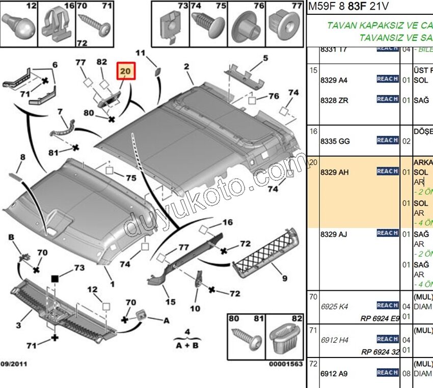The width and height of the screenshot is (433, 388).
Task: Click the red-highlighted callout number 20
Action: pyautogui.click(x=126, y=72)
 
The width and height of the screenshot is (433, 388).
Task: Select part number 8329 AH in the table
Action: pyautogui.click(x=334, y=173)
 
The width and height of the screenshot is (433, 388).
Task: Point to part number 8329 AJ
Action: pyautogui.click(x=334, y=234)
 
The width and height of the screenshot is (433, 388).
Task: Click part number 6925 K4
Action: pyautogui.click(x=334, y=307)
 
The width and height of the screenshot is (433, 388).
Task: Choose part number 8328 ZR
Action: pyautogui.click(x=334, y=100)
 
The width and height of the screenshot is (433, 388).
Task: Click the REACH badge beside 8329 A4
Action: pyautogui.click(x=387, y=79)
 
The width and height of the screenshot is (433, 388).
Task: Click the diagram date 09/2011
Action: pyautogui.click(x=14, y=364)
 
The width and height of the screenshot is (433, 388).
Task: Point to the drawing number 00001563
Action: pyautogui.click(x=286, y=364)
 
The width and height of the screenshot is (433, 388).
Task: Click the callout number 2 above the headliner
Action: pyautogui.click(x=187, y=66)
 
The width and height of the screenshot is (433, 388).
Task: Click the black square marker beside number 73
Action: pyautogui.click(x=55, y=278)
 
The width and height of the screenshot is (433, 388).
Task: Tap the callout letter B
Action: pyautogui.click(x=10, y=237)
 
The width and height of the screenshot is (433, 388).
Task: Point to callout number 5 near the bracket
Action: pyautogui.click(x=265, y=59)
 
